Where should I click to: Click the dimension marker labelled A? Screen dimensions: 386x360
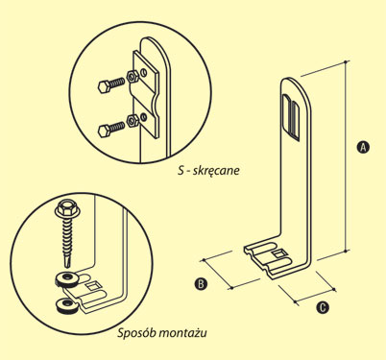[x=363, y=147]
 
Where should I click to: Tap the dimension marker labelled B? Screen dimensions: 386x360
[x=201, y=283]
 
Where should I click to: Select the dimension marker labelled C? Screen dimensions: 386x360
[x=323, y=307]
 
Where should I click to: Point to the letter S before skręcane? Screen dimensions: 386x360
[x=181, y=170]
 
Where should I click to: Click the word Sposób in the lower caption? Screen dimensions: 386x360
[x=136, y=333]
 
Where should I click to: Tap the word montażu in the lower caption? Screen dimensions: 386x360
[x=182, y=333]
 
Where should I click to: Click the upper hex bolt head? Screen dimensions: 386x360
[x=104, y=86]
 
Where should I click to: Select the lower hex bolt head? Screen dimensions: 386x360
[x=104, y=131]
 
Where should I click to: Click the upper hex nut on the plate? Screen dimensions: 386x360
[x=133, y=77]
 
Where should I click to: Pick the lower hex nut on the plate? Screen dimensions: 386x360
[x=133, y=120]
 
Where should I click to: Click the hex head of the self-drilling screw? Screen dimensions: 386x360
[x=66, y=208]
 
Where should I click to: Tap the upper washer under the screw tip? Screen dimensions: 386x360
[x=67, y=279]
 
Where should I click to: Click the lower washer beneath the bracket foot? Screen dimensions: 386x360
[x=67, y=305]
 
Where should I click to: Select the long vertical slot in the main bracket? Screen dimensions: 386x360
[x=292, y=117]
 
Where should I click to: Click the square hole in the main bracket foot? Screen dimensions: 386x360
[x=279, y=254]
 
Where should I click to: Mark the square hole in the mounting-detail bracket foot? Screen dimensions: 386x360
[x=92, y=285]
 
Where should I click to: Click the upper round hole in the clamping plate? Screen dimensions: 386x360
[x=144, y=73]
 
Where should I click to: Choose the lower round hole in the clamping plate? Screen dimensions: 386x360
[x=144, y=117]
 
